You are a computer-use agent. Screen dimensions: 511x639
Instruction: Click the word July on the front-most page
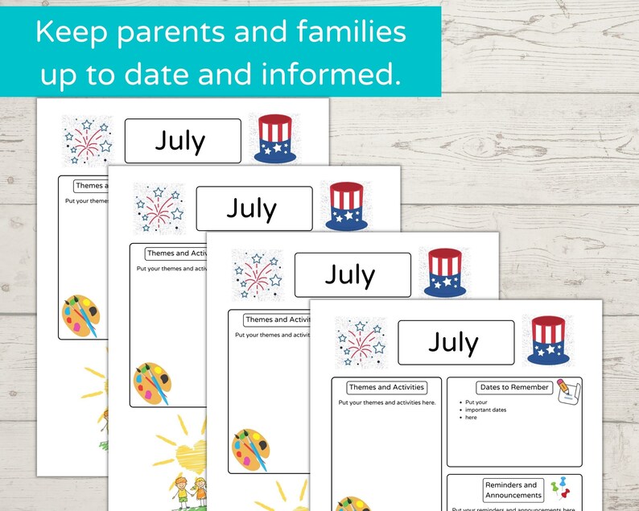pyautogui.click(x=454, y=342)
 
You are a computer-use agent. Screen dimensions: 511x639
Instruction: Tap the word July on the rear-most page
pyautogui.click(x=180, y=141)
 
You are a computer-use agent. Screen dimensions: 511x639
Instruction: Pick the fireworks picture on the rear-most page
pyautogui.click(x=87, y=139)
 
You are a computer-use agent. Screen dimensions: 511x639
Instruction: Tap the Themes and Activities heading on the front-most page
pyautogui.click(x=386, y=387)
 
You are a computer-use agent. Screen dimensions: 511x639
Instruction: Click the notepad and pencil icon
pyautogui.click(x=567, y=390)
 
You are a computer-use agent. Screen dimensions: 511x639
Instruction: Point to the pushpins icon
pyautogui.click(x=559, y=490)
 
